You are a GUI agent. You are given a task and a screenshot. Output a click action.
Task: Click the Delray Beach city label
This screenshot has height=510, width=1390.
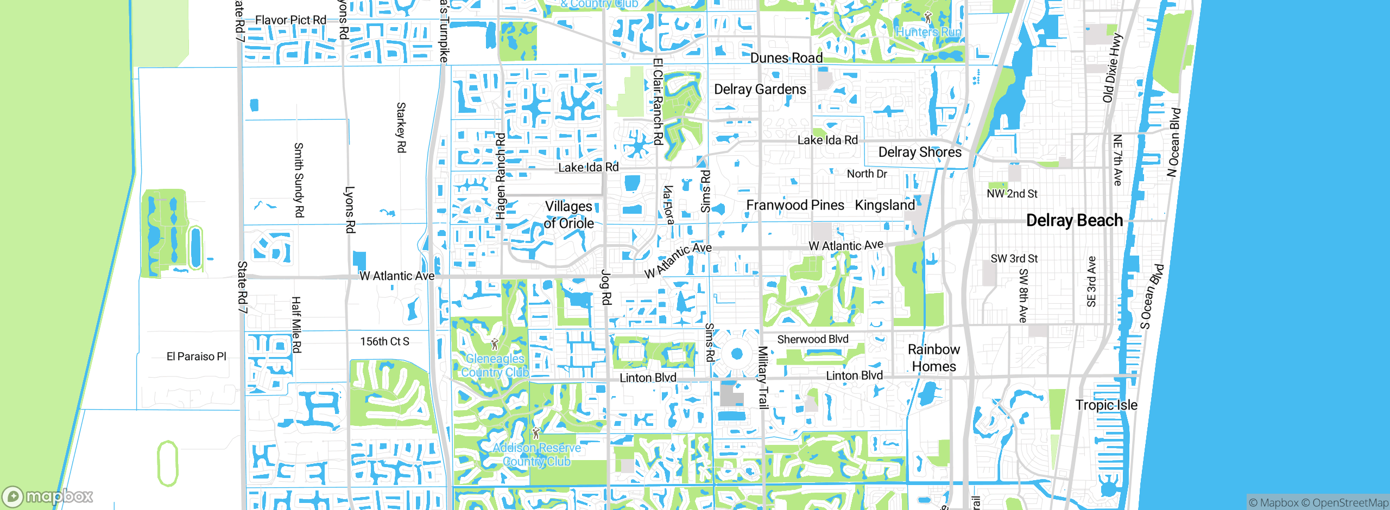tap(1074, 220)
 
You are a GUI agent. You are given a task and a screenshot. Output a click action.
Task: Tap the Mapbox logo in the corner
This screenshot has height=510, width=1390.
tap(48, 496)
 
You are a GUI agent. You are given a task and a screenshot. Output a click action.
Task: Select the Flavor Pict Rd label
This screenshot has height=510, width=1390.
tap(290, 20)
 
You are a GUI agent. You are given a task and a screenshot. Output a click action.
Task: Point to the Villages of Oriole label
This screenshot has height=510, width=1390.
tap(568, 215)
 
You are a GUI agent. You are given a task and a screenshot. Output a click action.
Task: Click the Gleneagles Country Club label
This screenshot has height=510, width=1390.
tap(495, 366)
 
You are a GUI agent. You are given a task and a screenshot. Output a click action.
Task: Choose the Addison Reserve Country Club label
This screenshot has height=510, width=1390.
tap(536, 455)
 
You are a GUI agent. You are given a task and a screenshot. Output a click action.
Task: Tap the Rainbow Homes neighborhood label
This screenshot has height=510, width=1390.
tap(933, 358)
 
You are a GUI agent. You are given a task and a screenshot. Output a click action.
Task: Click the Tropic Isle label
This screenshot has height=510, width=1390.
tap(1106, 405)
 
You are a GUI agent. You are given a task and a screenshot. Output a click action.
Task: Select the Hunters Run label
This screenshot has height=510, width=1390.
tap(928, 32)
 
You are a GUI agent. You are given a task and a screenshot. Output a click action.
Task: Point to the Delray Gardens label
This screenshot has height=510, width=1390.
tap(760, 90)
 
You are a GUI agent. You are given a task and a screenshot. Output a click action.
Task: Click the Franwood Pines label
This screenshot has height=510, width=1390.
tap(795, 205)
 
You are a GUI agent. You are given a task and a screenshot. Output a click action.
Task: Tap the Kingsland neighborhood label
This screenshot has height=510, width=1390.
tap(884, 205)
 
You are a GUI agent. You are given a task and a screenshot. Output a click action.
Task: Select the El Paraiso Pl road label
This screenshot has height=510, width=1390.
tap(196, 356)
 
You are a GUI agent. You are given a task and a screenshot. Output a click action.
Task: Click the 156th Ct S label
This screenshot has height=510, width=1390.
tap(384, 341)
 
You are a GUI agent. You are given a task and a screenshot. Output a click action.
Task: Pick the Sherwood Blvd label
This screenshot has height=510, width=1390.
tap(812, 339)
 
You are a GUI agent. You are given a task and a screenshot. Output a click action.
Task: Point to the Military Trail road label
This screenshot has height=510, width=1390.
tap(763, 377)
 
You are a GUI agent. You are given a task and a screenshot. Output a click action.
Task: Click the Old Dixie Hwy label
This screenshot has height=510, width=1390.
tap(1111, 68)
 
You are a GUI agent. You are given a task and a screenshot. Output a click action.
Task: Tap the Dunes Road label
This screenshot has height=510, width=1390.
tap(786, 58)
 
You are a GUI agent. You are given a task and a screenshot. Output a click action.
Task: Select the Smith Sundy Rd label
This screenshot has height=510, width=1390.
tap(298, 180)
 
